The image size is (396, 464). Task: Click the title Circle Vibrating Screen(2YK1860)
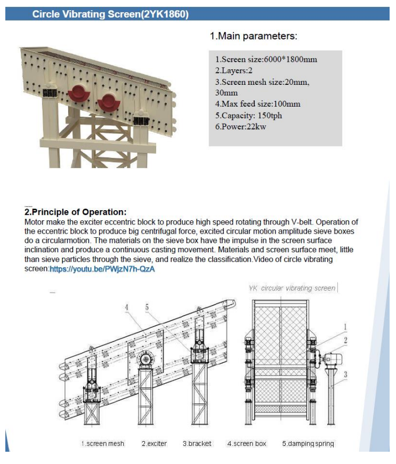[x=110, y=14]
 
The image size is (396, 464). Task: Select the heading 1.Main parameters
[x=253, y=36]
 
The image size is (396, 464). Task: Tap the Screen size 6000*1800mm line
[x=266, y=59]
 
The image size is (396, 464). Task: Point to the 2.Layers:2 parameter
[x=234, y=70]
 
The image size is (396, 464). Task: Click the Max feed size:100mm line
[x=257, y=104]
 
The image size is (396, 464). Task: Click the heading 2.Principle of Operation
[x=76, y=212]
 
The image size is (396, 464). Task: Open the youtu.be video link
[x=102, y=270]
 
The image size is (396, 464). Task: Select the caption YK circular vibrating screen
[x=292, y=288]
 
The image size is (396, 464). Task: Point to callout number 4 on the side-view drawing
[x=127, y=307]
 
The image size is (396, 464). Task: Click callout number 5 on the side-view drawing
[x=147, y=307]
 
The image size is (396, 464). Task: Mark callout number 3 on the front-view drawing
[x=345, y=374]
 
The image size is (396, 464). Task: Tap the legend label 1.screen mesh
[x=102, y=444]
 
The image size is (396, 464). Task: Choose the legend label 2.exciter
[x=153, y=444]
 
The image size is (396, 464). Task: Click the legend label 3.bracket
[x=197, y=444]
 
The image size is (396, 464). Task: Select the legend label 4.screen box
[x=246, y=444]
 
